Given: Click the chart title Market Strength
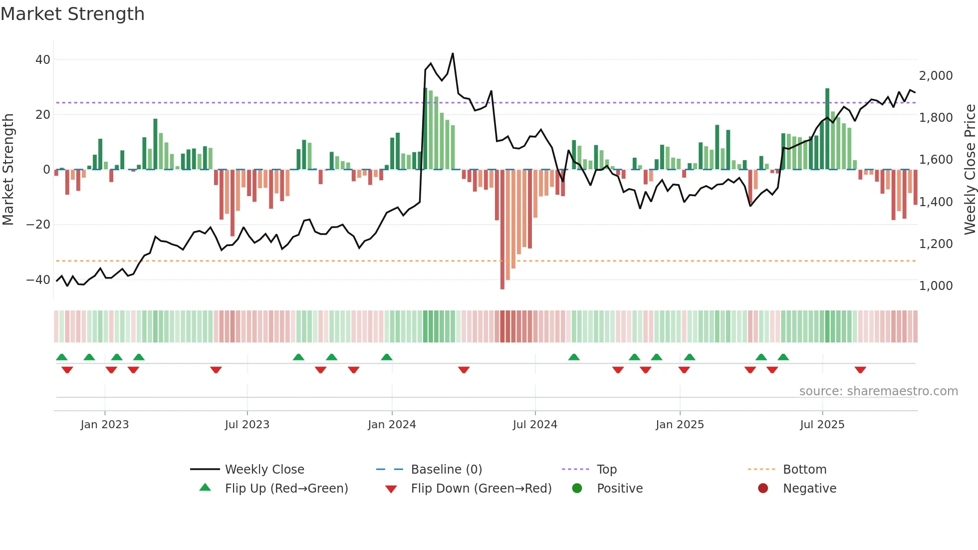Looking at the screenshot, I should click(73, 14).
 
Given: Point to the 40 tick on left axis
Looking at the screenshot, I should click(43, 60).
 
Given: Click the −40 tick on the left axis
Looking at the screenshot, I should click(38, 280).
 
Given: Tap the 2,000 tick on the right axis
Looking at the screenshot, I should click(936, 76).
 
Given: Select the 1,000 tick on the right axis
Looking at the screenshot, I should click(936, 286).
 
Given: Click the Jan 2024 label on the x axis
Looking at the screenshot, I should click(392, 425).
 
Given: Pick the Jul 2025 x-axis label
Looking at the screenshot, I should click(822, 425).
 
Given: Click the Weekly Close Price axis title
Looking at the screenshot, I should click(970, 170).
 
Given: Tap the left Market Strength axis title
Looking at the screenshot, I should click(8, 170).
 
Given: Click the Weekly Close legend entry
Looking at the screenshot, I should click(264, 470).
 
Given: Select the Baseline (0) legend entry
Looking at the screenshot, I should click(446, 470).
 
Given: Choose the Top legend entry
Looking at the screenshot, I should click(607, 470).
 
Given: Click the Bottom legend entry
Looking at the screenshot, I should click(804, 470).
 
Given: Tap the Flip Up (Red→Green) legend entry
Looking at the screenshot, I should click(286, 489).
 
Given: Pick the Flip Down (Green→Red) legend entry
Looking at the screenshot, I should click(481, 489).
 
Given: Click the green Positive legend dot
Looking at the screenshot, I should click(577, 489).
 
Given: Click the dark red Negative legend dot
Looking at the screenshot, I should click(763, 489).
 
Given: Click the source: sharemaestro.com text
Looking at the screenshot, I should click(878, 391).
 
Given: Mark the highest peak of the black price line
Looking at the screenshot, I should click(453, 53).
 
